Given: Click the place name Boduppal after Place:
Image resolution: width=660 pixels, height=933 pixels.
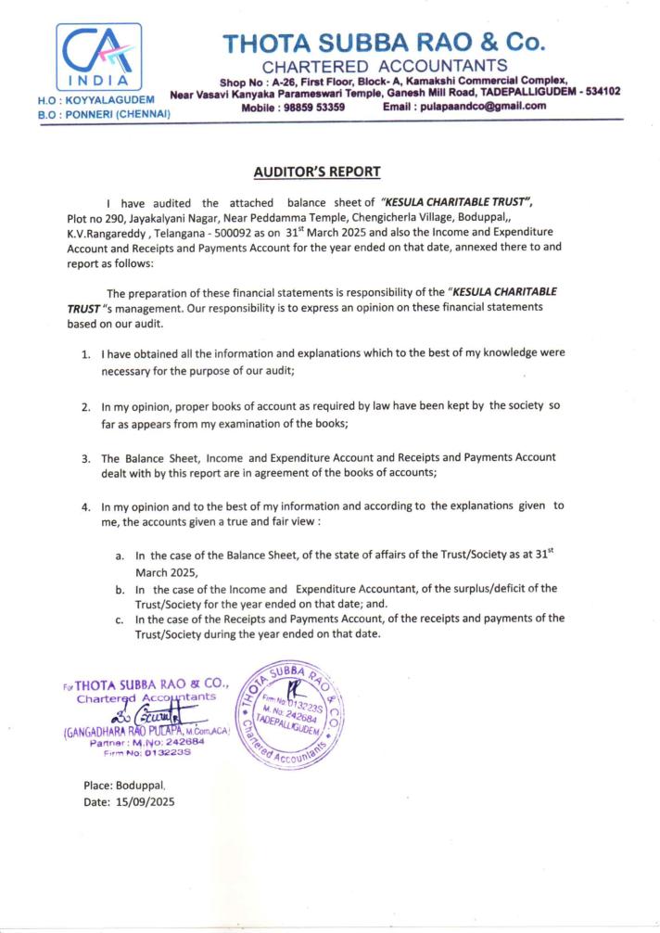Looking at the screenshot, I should pos(143,785).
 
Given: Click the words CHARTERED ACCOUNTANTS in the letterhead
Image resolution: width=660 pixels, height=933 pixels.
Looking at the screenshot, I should pos(385,65).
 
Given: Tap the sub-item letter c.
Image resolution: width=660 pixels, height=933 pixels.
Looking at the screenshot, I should pos(120,619).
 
